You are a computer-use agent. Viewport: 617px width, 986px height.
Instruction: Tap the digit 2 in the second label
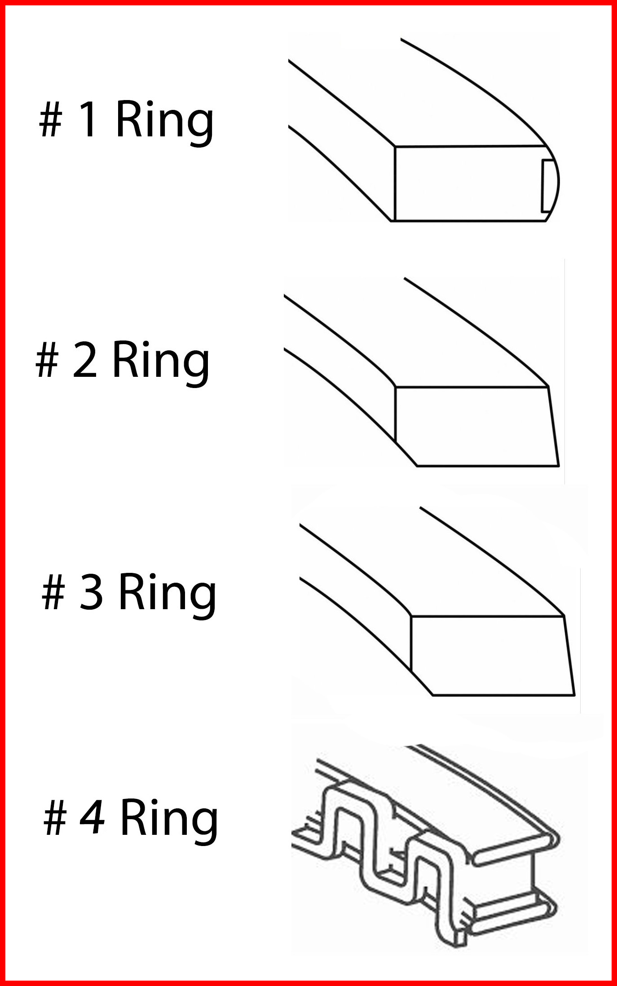pyautogui.click(x=85, y=360)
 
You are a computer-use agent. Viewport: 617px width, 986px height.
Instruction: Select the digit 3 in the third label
pyautogui.click(x=92, y=593)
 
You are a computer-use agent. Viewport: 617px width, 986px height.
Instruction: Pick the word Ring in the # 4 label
pyautogui.click(x=169, y=823)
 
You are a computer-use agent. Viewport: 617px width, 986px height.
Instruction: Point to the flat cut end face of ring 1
pyautogui.click(x=472, y=183)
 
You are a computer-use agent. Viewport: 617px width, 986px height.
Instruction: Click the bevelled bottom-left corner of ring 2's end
pyautogui.click(x=406, y=454)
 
